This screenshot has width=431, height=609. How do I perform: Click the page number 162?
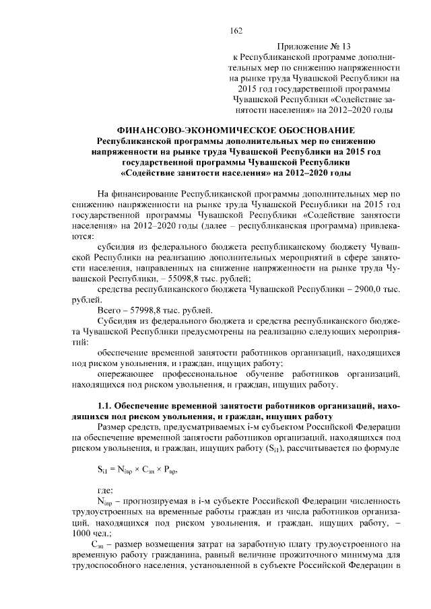point(236,30)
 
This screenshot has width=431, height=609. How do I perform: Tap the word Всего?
point(110,310)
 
